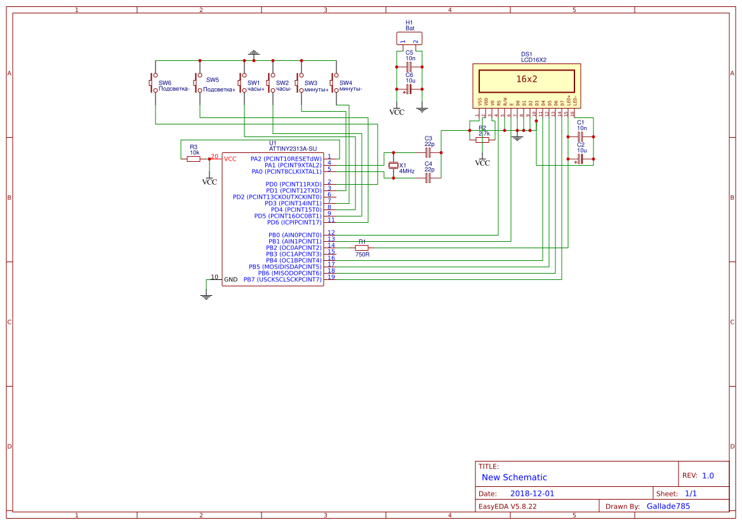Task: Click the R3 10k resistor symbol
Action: point(194,159)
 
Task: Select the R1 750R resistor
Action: point(362,248)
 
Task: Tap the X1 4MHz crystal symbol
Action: point(394,166)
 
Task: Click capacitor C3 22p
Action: point(428,152)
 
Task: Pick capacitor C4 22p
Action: point(428,178)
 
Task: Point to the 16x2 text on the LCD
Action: point(526,80)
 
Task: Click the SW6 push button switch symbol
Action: point(153,83)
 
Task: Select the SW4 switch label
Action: point(345,83)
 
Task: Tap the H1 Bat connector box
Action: point(409,38)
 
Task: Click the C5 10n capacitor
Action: point(409,67)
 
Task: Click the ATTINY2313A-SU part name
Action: point(293,149)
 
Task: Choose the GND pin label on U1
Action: point(231,279)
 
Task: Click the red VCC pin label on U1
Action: point(230,159)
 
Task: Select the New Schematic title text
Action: point(514,477)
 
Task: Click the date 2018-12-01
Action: point(532,493)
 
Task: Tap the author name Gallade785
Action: point(668,506)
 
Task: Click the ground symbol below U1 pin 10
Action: point(206,296)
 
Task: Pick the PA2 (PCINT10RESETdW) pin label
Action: point(286,159)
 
